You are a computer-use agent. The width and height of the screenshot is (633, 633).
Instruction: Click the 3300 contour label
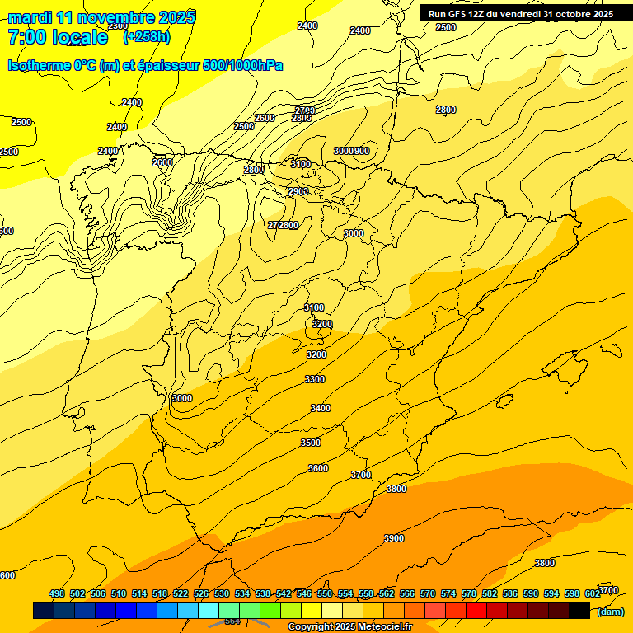pyautogui.click(x=315, y=379)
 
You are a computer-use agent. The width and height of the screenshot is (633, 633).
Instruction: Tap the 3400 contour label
pyautogui.click(x=321, y=408)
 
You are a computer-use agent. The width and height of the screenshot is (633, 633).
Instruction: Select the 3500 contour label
pyautogui.click(x=311, y=443)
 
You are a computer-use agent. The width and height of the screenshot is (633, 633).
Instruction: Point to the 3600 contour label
pyautogui.click(x=318, y=468)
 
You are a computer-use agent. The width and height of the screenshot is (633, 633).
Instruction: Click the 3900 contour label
pyautogui.click(x=394, y=538)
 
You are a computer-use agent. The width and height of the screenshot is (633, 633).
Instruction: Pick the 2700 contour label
pyautogui.click(x=305, y=110)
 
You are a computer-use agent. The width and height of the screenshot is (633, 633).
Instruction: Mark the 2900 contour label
pyautogui.click(x=298, y=191)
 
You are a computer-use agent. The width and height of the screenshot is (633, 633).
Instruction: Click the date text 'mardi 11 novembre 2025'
pyautogui.click(x=102, y=17)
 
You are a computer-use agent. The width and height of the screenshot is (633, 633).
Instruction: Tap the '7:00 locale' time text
pyautogui.click(x=58, y=37)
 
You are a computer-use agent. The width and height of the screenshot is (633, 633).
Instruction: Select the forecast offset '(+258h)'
pyautogui.click(x=147, y=37)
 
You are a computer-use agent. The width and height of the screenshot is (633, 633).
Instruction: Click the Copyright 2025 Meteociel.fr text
pyautogui.click(x=349, y=627)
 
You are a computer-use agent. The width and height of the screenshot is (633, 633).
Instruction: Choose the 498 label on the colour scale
pyautogui.click(x=57, y=594)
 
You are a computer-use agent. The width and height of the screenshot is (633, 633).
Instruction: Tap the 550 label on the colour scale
pyautogui.click(x=324, y=594)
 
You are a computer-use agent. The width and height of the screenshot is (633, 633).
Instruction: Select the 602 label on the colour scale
pyautogui.click(x=592, y=594)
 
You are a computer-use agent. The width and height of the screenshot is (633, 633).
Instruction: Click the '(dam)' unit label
pyautogui.click(x=610, y=612)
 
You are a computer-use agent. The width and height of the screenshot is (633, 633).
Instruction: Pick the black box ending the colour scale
pyautogui.click(x=579, y=611)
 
